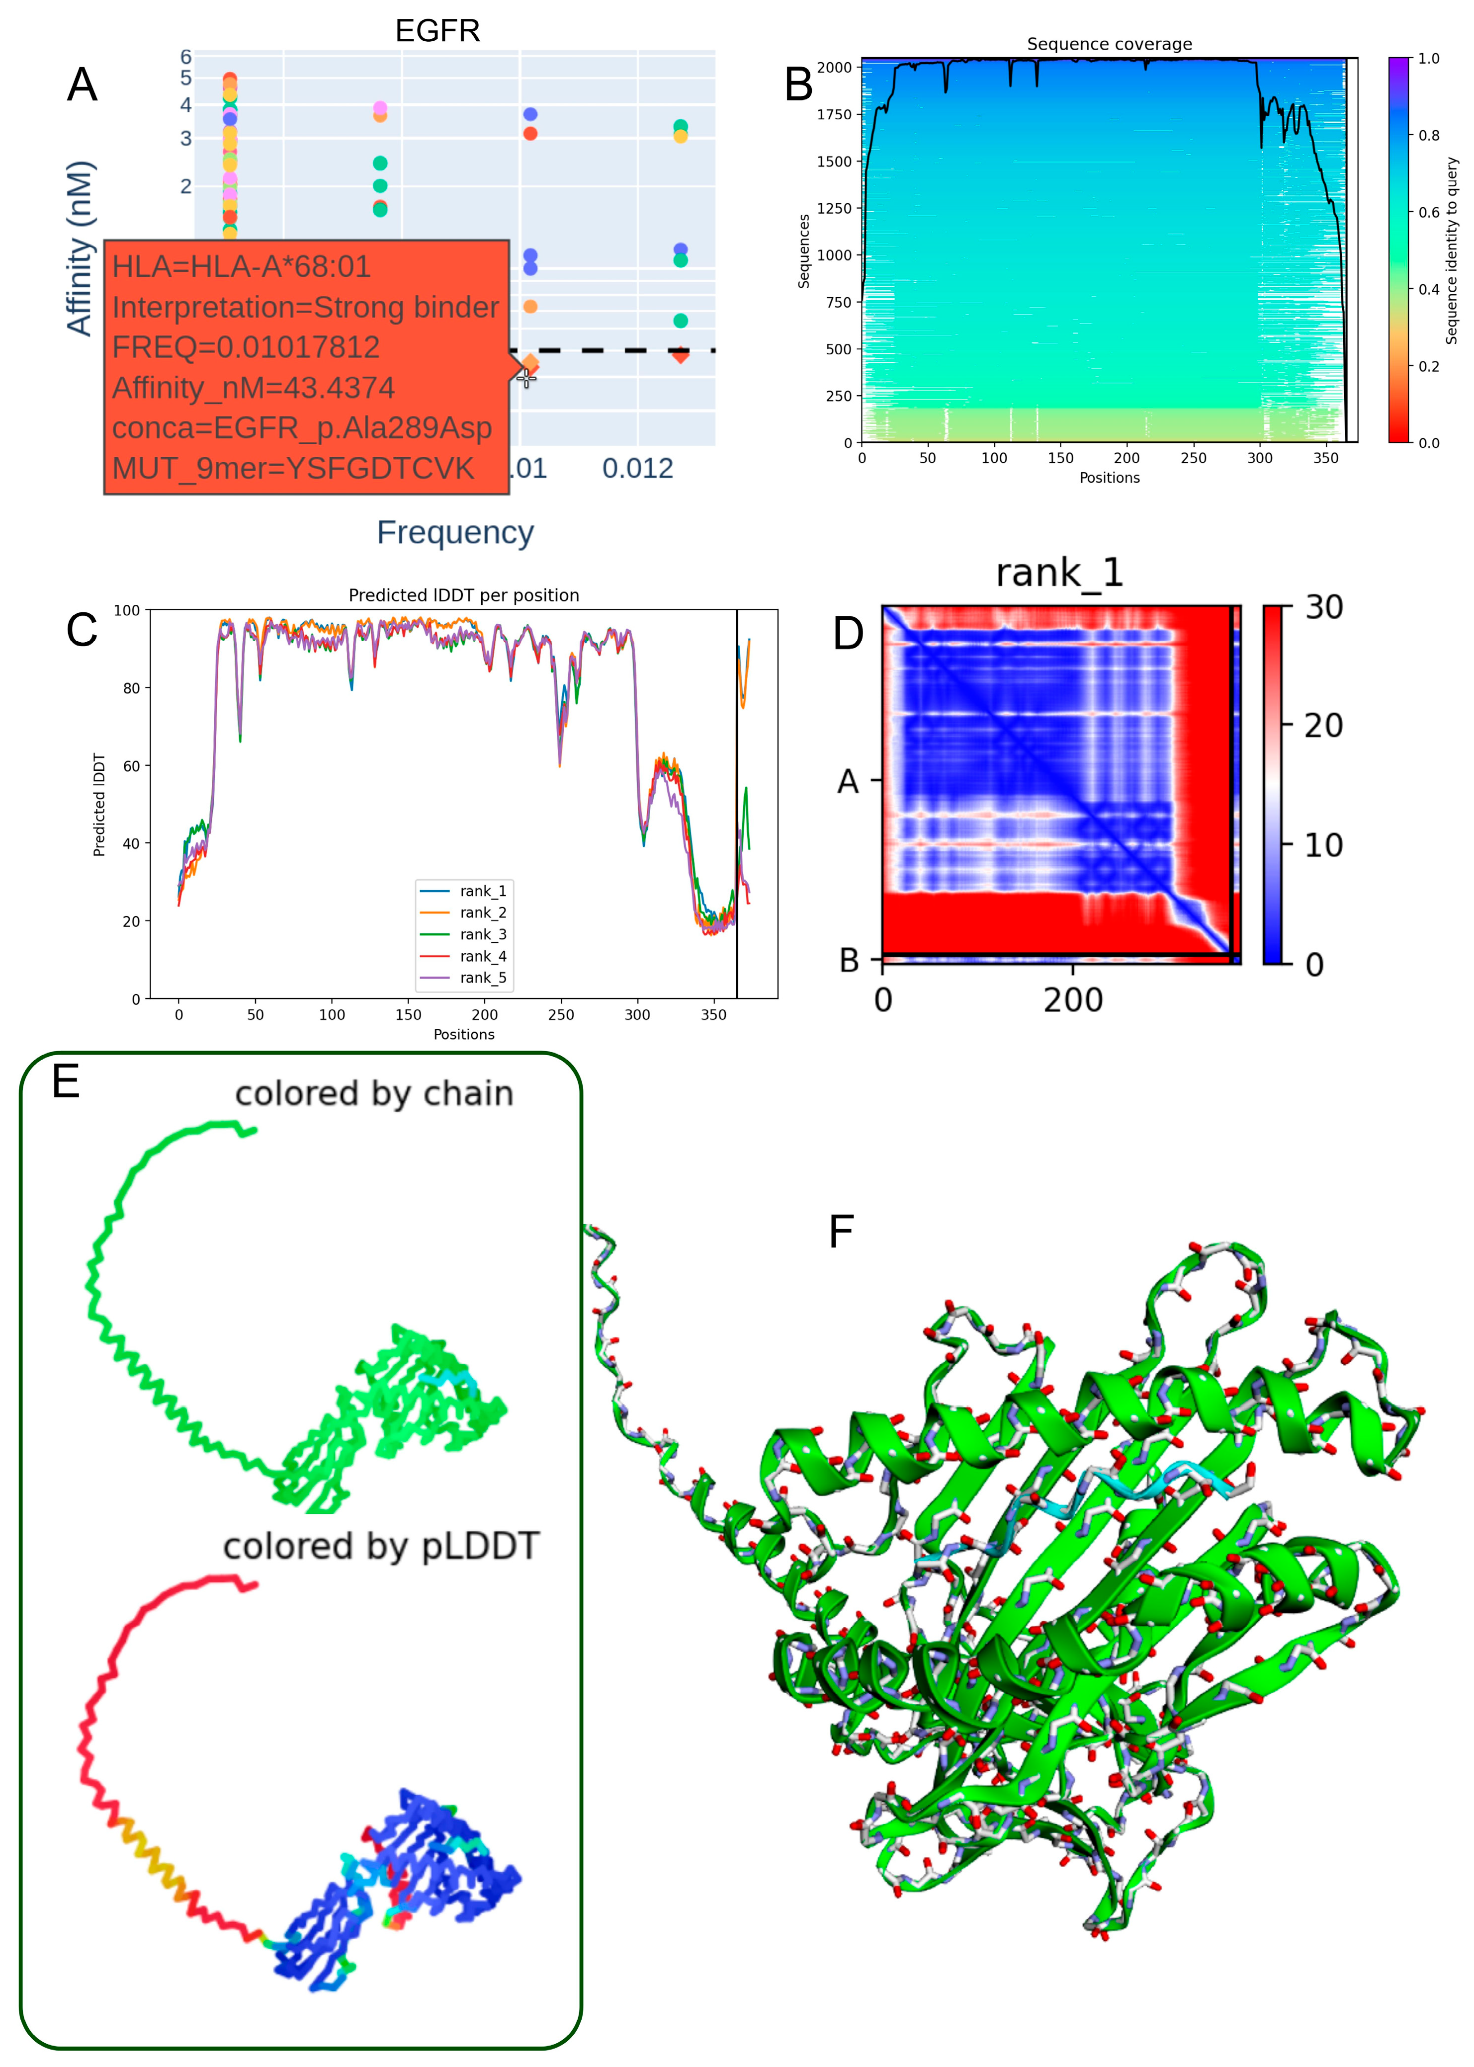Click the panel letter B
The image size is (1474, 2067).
799,85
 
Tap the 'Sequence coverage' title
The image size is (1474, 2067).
1109,44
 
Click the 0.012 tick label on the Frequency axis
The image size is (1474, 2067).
637,469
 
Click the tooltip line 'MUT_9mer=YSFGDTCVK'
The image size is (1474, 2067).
293,468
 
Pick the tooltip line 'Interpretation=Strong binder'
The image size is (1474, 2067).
305,308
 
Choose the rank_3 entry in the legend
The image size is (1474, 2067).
483,934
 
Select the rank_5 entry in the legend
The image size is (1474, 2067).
483,977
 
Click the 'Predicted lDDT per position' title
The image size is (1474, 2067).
464,595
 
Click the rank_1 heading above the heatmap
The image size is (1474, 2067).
1059,573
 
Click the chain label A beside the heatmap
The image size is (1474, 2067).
848,780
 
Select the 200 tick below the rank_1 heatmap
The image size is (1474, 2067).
1073,1000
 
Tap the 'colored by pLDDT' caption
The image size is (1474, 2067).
381,1546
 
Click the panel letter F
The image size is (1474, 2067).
841,1232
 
